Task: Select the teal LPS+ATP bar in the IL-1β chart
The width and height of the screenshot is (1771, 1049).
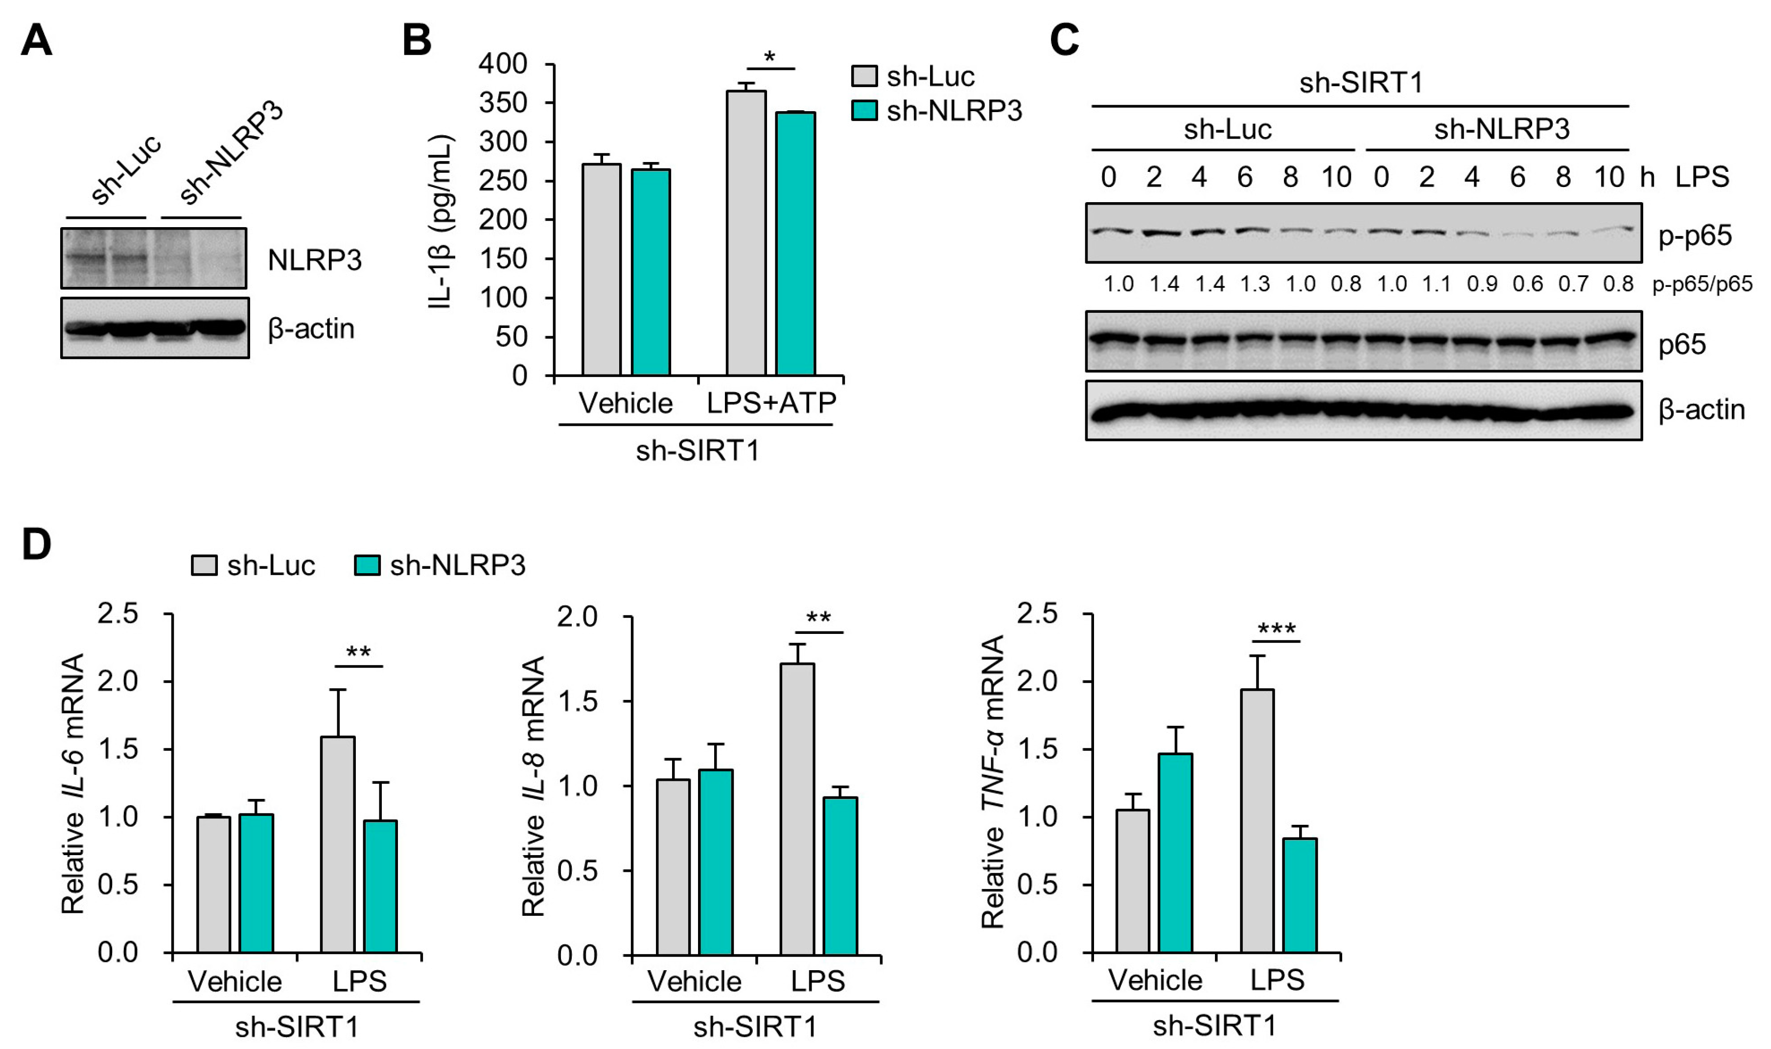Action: [795, 244]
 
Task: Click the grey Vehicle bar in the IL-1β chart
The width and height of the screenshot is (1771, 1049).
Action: [602, 269]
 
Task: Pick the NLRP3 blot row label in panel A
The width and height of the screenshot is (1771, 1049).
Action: [314, 260]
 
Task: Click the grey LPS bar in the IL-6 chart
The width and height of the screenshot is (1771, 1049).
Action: [338, 845]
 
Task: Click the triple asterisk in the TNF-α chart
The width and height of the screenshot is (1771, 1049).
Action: [1276, 629]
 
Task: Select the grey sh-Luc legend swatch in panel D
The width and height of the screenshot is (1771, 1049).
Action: [204, 565]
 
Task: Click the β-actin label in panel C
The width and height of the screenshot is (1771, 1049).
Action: [1701, 410]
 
